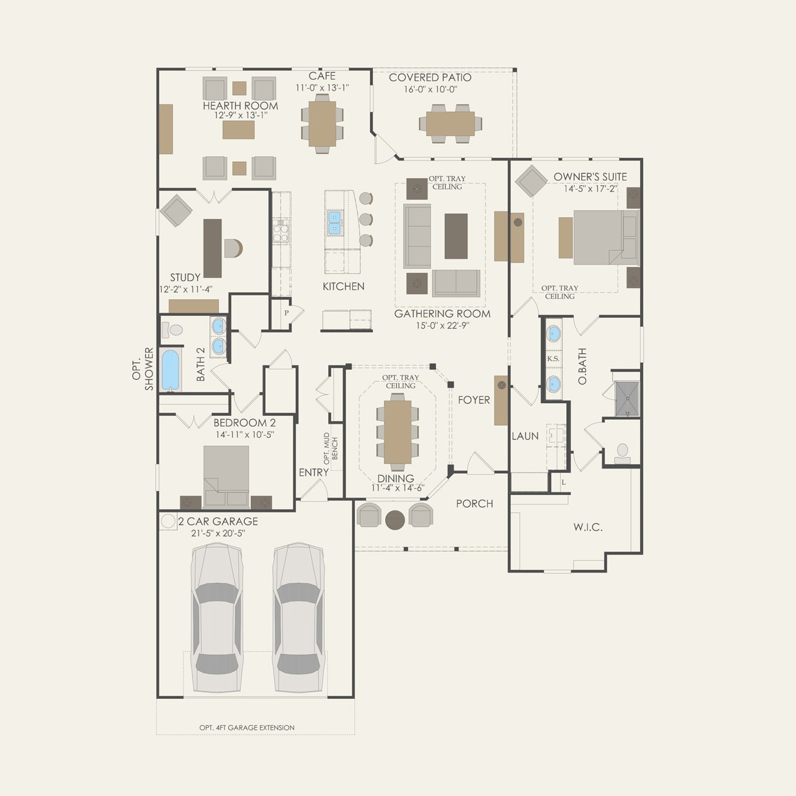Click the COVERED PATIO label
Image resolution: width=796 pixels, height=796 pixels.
[x=429, y=78]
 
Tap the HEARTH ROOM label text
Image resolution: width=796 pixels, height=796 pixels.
[x=240, y=106]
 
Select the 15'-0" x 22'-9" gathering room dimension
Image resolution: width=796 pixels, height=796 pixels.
[x=442, y=325]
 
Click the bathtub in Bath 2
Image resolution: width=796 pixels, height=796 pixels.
[x=170, y=369]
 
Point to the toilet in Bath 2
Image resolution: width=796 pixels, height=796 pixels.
[x=169, y=330]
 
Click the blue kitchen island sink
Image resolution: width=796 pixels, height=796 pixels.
[x=334, y=223]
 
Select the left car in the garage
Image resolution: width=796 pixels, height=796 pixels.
[x=217, y=618]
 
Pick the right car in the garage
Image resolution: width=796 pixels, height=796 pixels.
[x=298, y=618]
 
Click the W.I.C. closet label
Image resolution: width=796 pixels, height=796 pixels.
[x=587, y=528]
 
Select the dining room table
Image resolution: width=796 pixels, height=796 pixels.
[x=397, y=431]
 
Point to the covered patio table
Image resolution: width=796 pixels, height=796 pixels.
[x=451, y=123]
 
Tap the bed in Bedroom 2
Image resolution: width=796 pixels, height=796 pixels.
[x=226, y=476]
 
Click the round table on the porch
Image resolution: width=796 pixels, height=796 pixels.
[x=394, y=519]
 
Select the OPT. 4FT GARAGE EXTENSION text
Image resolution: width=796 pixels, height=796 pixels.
[x=247, y=727]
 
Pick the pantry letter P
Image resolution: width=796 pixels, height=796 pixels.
[x=286, y=313]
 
